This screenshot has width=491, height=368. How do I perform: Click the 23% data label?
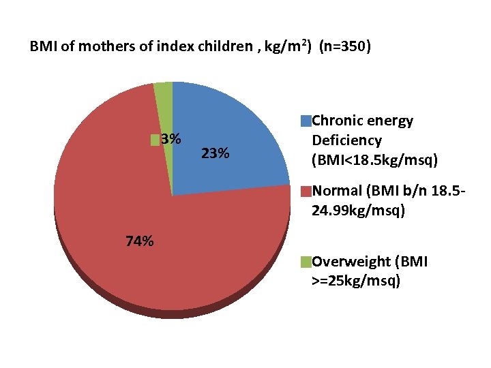pyautogui.click(x=215, y=153)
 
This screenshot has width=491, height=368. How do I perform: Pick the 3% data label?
pyautogui.click(x=170, y=139)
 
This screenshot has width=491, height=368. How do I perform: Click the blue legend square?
pyautogui.click(x=306, y=121)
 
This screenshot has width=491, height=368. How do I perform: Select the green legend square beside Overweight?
pyautogui.click(x=306, y=262)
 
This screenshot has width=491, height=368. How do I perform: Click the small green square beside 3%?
pyautogui.click(x=155, y=140)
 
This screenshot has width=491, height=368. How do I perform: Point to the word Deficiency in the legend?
pyautogui.click(x=346, y=140)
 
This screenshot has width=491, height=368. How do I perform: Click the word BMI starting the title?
pyautogui.click(x=42, y=48)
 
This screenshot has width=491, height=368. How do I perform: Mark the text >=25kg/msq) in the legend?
pyautogui.click(x=355, y=280)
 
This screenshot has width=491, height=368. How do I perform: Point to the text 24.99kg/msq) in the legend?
pyautogui.click(x=359, y=211)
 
